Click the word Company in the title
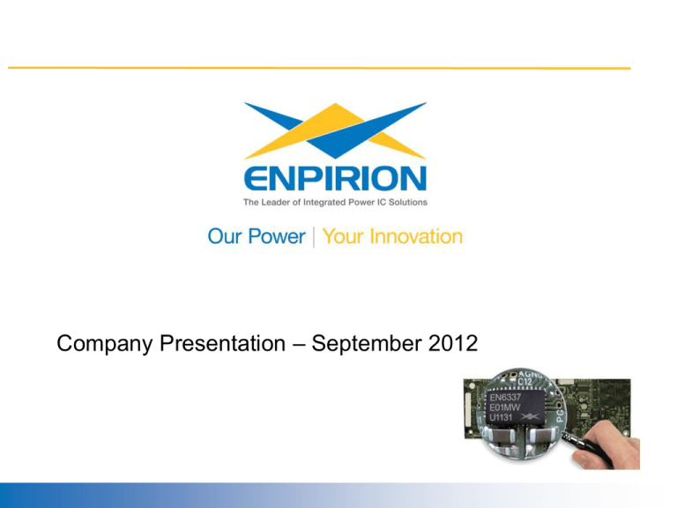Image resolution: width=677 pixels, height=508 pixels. click(105, 344)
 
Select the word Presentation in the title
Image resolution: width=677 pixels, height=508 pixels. click(223, 343)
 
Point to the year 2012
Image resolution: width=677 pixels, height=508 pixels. click(453, 343)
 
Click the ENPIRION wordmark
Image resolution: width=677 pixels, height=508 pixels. click(335, 178)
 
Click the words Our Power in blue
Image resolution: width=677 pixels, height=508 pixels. click(257, 236)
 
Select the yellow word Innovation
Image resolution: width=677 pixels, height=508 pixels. click(416, 236)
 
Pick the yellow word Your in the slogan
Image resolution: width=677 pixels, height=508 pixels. click(343, 236)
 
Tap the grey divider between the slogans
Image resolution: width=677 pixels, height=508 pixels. click(314, 236)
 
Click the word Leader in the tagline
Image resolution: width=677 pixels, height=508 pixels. click(280, 202)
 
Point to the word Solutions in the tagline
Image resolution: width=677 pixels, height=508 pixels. click(408, 202)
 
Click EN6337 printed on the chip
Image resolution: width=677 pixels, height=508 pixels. click(506, 397)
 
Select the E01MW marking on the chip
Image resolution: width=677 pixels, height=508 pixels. click(505, 407)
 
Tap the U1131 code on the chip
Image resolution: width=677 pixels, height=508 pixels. click(501, 418)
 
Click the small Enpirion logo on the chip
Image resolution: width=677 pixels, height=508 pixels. click(530, 416)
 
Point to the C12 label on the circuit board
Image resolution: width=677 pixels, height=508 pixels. click(524, 382)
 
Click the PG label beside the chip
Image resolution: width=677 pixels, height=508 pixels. click(560, 415)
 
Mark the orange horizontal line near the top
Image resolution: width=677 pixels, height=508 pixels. click(319, 68)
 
